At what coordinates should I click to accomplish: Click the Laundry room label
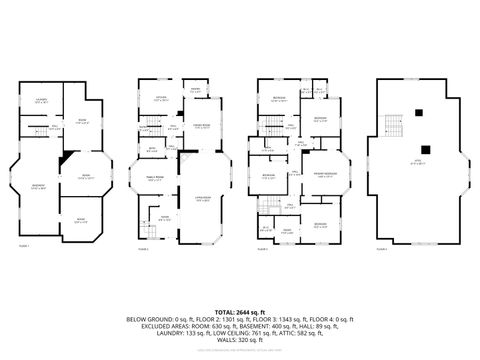click(42, 101)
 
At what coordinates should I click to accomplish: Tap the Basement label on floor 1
click(38, 187)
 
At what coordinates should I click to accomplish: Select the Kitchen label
click(160, 97)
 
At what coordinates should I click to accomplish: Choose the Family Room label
click(157, 178)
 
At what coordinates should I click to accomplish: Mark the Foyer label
click(151, 217)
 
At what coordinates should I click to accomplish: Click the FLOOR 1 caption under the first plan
click(24, 245)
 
